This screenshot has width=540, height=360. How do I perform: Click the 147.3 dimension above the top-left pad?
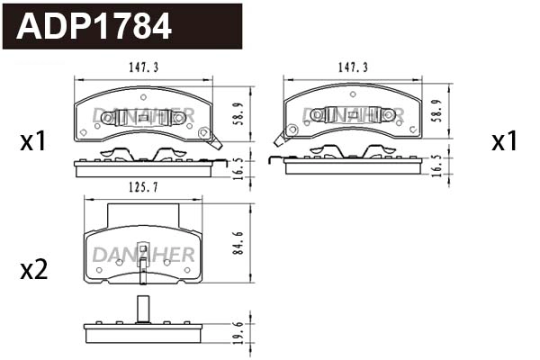143,67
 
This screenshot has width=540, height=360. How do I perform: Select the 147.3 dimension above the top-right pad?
353,67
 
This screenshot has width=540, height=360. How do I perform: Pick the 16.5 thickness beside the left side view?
237,167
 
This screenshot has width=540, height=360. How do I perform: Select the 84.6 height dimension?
237,243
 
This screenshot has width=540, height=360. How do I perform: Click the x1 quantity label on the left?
33,141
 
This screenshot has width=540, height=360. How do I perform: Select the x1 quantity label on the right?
504,141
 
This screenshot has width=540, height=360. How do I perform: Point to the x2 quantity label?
33,269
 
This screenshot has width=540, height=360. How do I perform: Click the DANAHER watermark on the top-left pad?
143,114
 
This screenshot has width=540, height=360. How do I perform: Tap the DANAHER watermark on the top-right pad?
353,114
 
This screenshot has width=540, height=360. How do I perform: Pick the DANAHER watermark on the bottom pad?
142,255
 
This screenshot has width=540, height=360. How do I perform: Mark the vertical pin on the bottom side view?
142,308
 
